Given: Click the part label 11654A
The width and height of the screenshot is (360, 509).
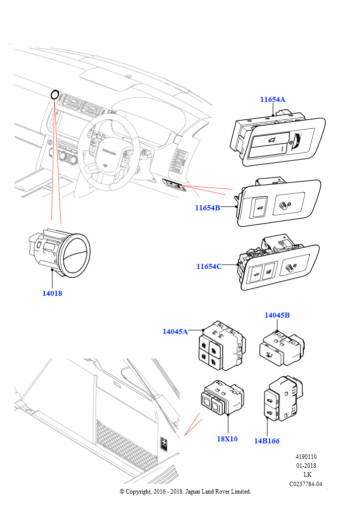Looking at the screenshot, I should point(272,99).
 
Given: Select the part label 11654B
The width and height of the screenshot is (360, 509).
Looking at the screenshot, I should point(207,208).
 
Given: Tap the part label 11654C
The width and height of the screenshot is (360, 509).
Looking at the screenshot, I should point(209,266).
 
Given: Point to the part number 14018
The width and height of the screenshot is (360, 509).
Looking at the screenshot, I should point(52,293).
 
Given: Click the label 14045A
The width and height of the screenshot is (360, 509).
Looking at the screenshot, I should point(175,332).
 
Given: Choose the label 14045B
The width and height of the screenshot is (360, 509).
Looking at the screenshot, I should point(277,315).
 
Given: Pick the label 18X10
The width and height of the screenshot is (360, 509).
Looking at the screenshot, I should point(227,439).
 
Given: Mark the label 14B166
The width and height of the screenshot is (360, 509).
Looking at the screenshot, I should point(267,440).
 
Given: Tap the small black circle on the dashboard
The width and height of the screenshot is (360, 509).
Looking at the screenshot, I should point(55,94).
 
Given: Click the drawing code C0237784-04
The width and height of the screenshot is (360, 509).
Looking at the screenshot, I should point(305,484).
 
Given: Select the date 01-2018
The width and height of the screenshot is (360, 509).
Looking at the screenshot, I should point(306,466).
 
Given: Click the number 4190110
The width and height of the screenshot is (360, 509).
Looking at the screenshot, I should point(306,457).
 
